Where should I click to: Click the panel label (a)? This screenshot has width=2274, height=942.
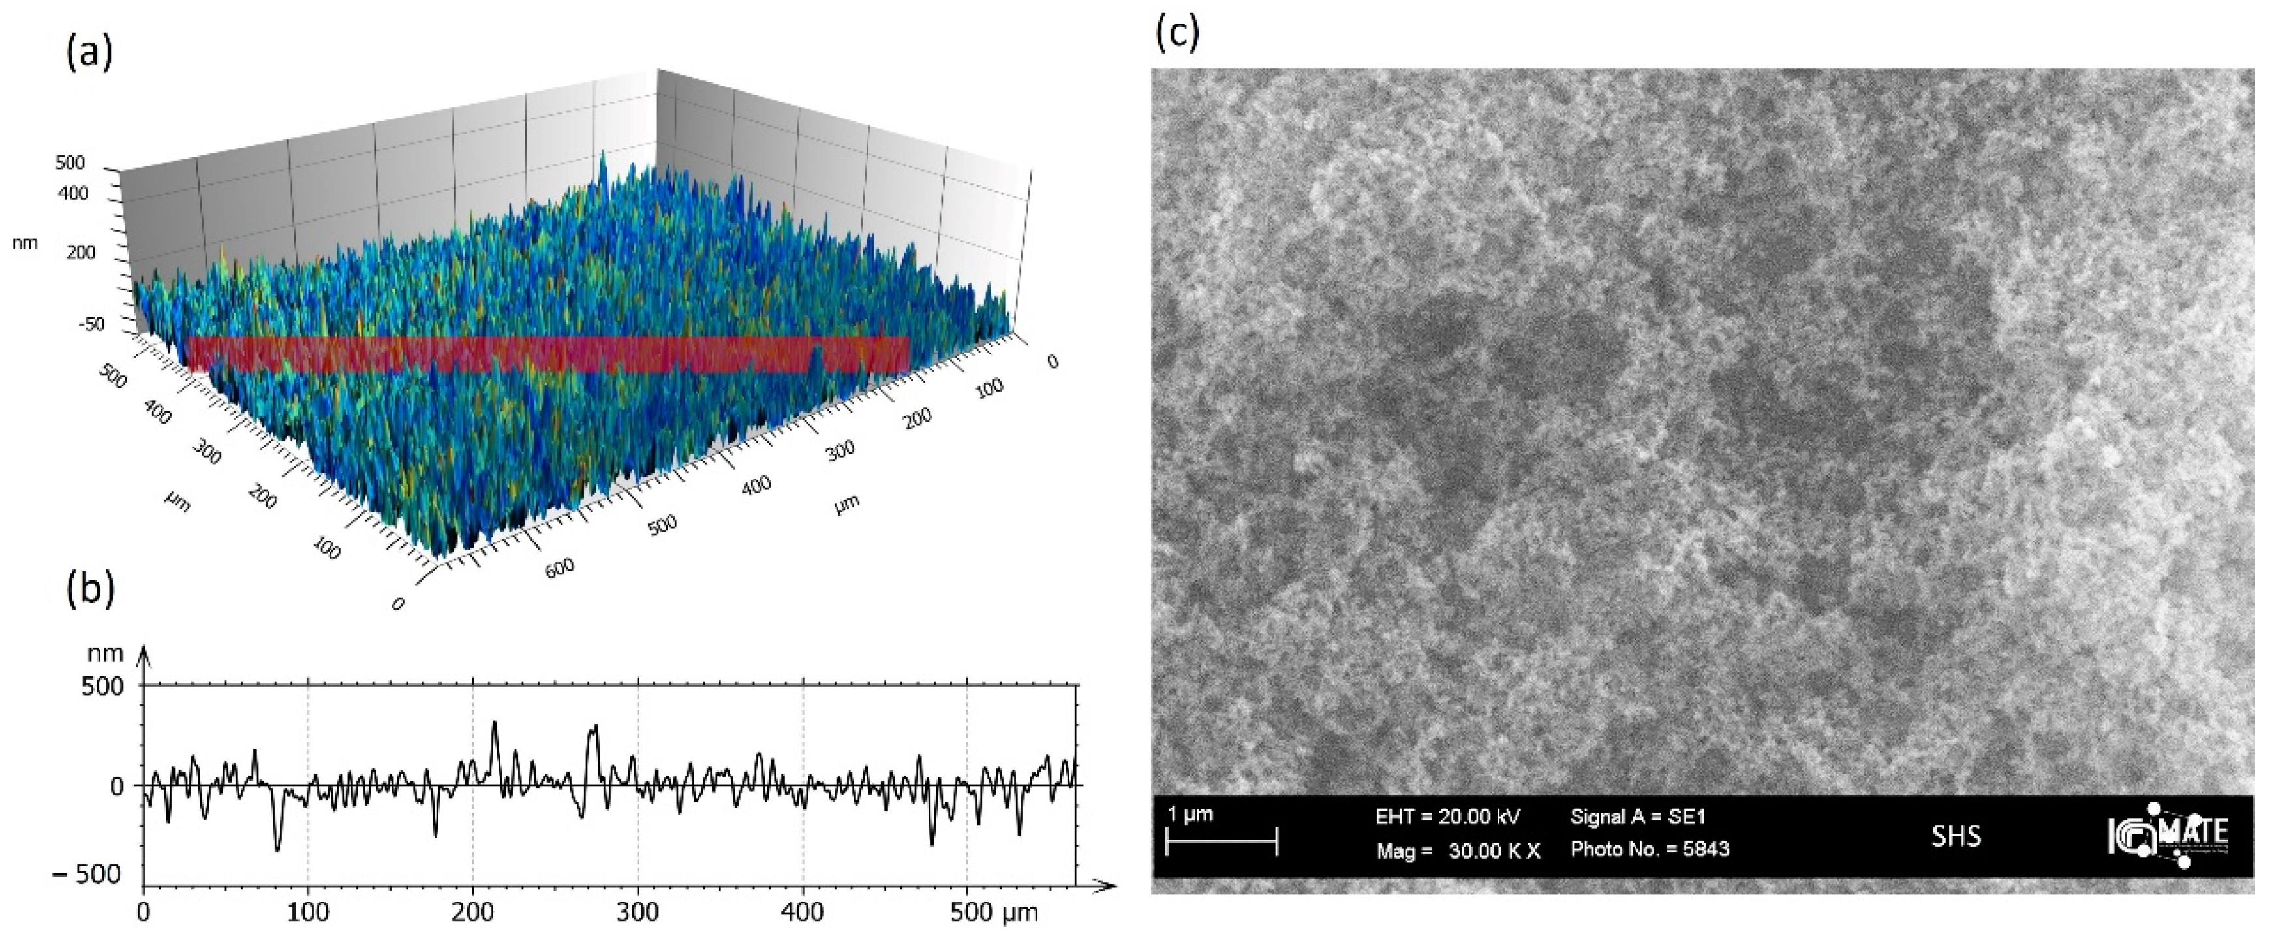tap(89, 53)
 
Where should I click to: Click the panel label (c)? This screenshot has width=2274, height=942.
tap(1178, 33)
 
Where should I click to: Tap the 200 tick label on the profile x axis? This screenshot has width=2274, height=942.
tap(473, 913)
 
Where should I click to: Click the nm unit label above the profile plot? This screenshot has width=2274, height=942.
tap(105, 653)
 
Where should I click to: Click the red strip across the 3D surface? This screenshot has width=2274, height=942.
tap(547, 354)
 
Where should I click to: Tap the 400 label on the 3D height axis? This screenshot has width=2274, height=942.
tap(73, 193)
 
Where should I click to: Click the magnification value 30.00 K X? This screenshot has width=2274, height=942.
tap(1494, 851)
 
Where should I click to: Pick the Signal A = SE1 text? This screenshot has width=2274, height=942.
tap(1638, 817)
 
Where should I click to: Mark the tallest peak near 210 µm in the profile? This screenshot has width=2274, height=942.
tap(495, 723)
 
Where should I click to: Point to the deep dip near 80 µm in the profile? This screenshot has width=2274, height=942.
tap(277, 849)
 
